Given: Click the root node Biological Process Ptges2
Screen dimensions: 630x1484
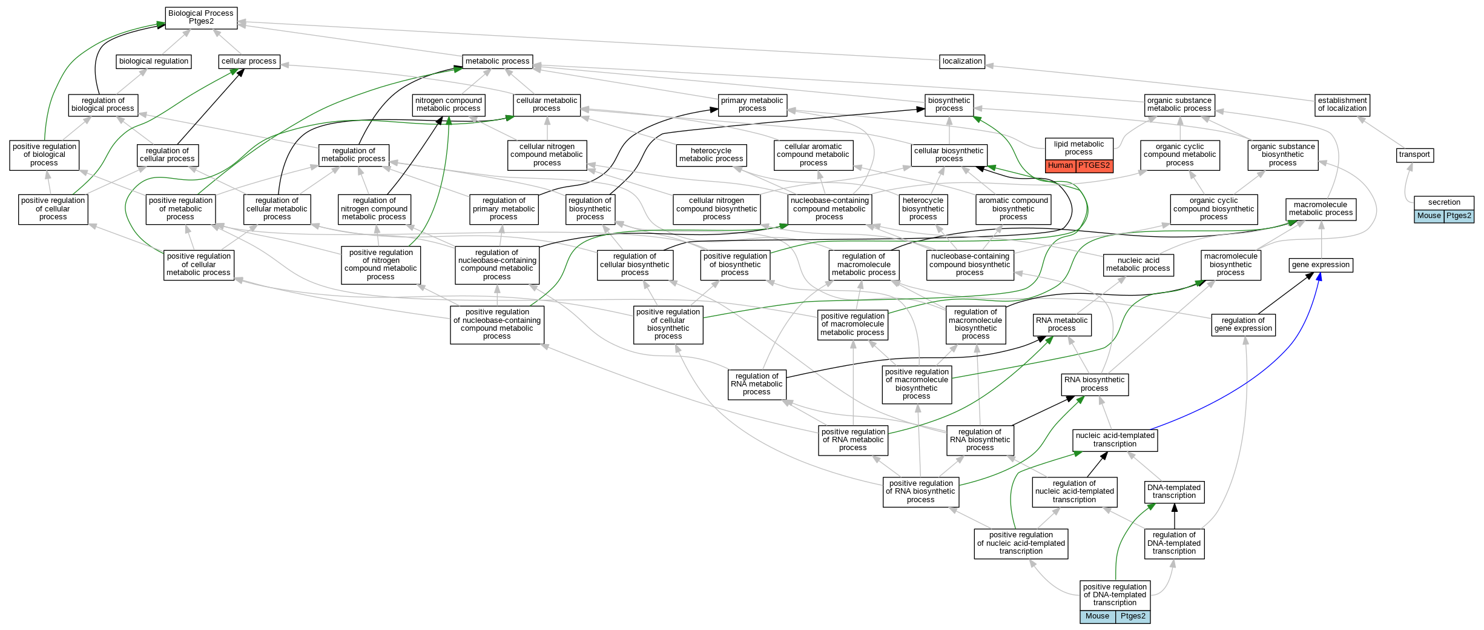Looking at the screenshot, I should [200, 18].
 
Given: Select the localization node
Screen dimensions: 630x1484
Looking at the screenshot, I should [962, 61].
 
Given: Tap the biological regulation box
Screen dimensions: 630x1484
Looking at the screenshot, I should [154, 61].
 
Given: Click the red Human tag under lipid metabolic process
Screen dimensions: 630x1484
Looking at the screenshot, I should [1060, 165].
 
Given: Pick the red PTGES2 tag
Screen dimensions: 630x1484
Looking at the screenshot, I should [1094, 165].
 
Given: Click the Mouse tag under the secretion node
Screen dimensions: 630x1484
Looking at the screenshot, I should [1429, 216].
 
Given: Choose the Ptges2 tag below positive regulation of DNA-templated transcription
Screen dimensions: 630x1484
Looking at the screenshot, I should [1133, 616].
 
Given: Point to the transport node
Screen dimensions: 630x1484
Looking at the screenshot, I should [1414, 155].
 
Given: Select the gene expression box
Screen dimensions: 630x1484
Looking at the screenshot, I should [1321, 265].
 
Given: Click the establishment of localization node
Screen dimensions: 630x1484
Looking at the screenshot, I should [1342, 105].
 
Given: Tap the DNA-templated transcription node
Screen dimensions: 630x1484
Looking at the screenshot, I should [1174, 491].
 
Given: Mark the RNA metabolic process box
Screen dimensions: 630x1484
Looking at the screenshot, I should [1062, 325].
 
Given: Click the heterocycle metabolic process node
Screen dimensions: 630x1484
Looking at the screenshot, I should [711, 155].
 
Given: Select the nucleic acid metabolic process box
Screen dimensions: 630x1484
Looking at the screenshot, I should [1138, 265].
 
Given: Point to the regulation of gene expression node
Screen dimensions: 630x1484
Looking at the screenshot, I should [1243, 325].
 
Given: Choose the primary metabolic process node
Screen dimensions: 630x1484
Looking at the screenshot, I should [752, 105].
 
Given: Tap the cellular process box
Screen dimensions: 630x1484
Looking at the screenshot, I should [249, 61].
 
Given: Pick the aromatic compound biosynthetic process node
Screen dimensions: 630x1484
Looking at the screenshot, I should [1013, 209].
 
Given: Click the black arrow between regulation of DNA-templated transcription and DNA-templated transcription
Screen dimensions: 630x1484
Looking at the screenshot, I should [1175, 516].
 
